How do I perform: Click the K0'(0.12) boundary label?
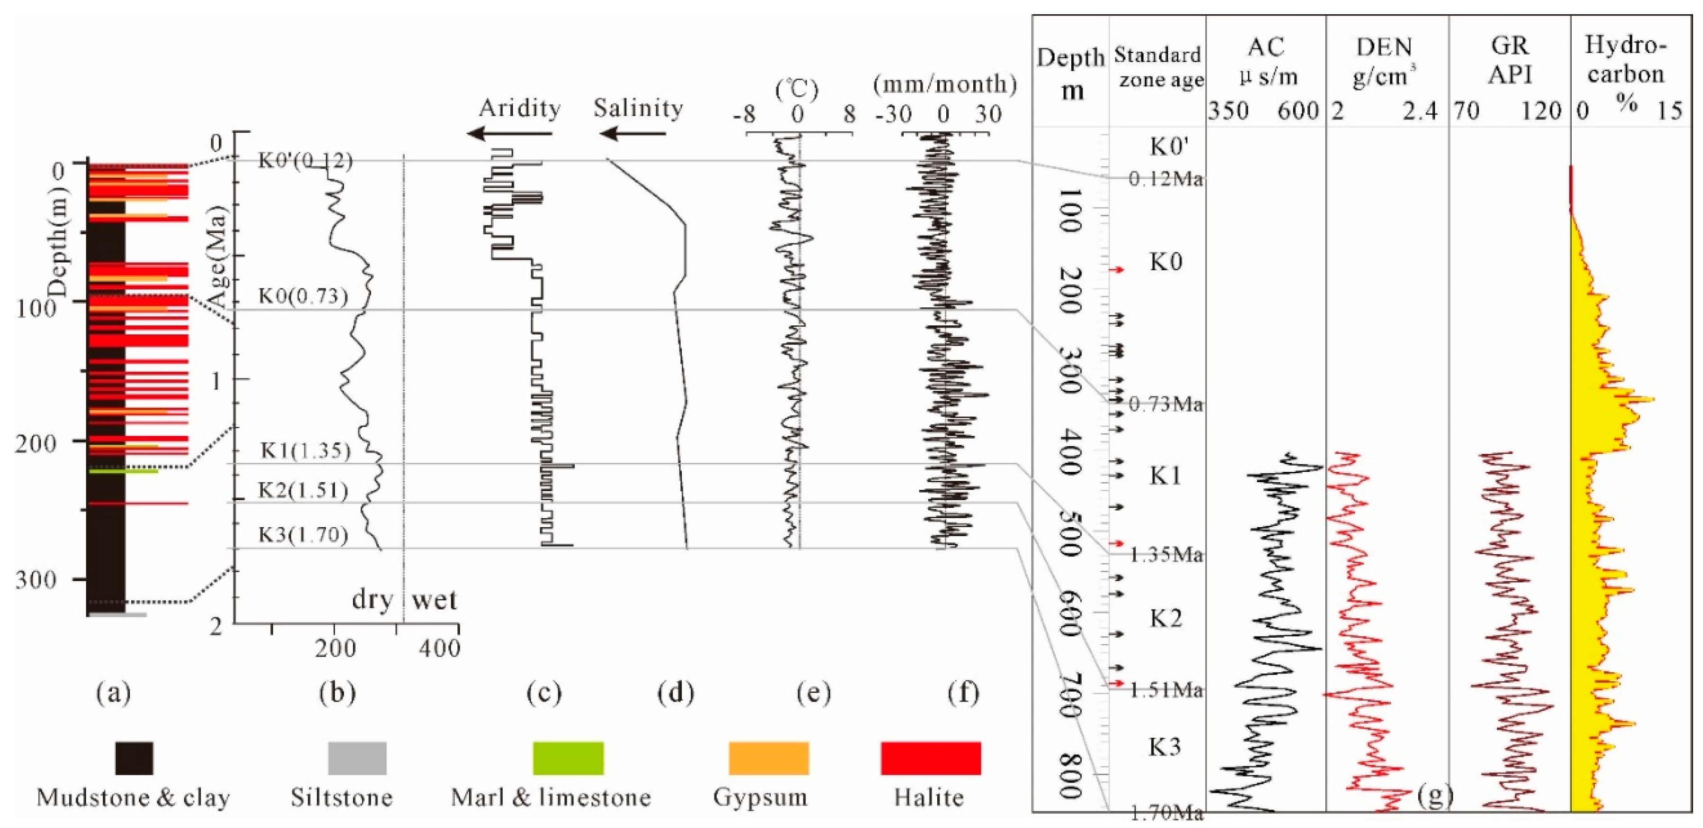[x=305, y=161]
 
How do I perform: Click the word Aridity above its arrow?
[x=520, y=108]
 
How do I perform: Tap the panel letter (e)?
[x=813, y=693]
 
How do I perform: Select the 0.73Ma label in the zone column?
[x=1166, y=404]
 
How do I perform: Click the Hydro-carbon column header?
[x=1626, y=60]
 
